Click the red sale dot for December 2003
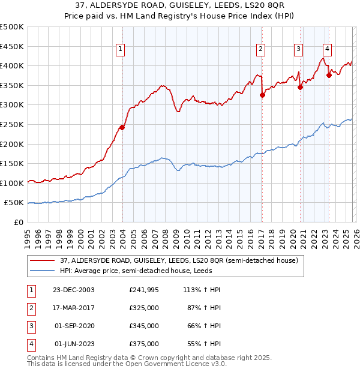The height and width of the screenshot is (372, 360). [122, 127]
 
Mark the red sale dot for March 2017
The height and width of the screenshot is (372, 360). [262, 95]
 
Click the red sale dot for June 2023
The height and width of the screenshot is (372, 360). [329, 75]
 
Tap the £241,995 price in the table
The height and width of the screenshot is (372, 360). [144, 290]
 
